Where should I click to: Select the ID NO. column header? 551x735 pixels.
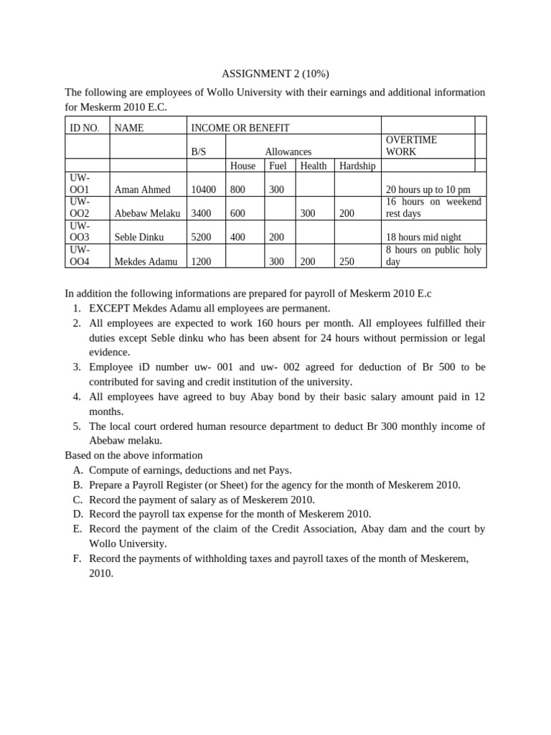click(85, 128)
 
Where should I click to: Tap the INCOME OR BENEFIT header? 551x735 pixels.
click(240, 128)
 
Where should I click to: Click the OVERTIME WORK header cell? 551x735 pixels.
click(411, 146)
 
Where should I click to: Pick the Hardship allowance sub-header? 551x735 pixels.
click(357, 166)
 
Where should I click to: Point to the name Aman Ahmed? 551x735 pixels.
click(142, 189)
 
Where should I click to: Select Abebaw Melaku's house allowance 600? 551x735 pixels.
click(237, 213)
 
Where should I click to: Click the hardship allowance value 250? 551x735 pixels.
click(347, 262)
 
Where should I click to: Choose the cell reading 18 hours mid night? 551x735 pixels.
click(423, 237)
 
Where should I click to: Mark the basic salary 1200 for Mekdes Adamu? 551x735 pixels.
click(201, 262)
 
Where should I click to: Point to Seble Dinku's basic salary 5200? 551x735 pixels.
click(202, 237)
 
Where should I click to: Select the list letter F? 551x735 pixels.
click(77, 558)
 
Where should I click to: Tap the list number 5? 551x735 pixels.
click(77, 426)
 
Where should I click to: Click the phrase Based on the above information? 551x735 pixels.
click(133, 455)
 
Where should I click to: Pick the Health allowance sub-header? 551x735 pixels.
click(313, 166)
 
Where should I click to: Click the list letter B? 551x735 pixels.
click(77, 485)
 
